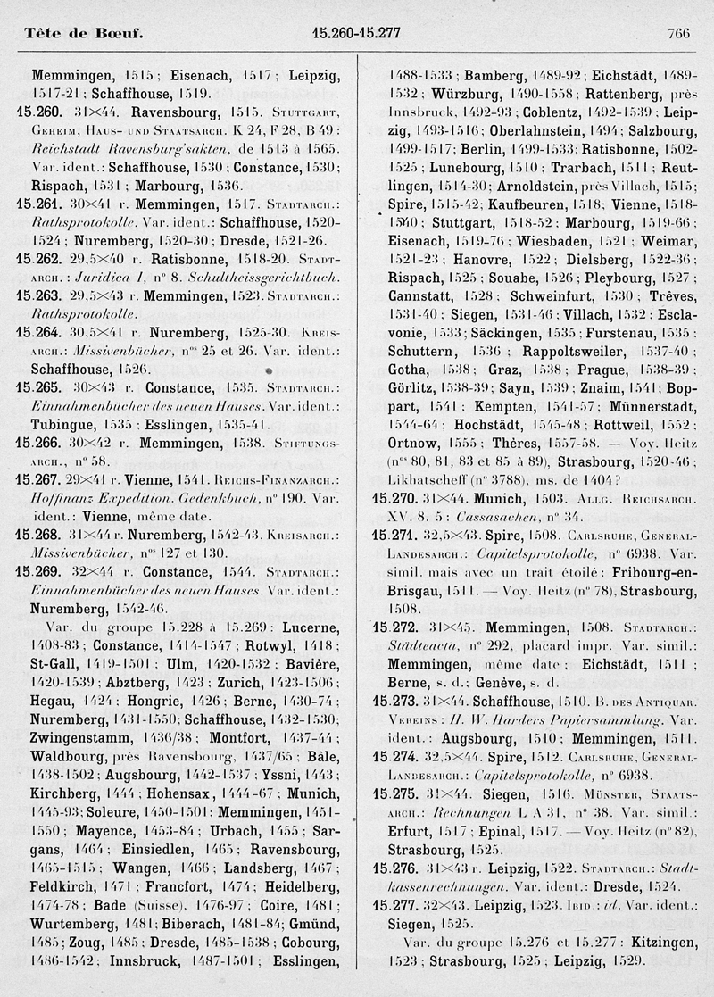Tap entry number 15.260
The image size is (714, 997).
coord(37,113)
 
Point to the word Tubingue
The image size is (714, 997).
coord(59,424)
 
